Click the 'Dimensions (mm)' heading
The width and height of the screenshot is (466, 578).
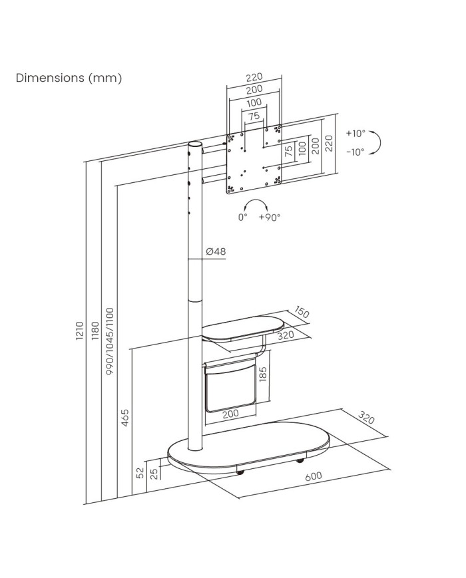(69, 78)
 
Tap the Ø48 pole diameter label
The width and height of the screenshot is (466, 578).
(216, 251)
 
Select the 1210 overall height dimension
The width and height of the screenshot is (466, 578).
(79, 332)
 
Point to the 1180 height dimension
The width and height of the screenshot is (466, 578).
(95, 332)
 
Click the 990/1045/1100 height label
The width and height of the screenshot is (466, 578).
(110, 340)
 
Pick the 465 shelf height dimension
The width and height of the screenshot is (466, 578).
(125, 418)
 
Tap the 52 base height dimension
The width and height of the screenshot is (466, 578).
(140, 473)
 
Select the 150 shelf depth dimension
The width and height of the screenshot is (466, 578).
(303, 313)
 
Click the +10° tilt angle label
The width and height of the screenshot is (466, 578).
(355, 133)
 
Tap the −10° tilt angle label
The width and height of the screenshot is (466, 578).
(355, 152)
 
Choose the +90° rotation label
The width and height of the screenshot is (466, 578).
(270, 217)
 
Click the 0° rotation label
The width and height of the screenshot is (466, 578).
(242, 217)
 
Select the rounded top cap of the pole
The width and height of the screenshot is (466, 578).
(194, 144)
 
